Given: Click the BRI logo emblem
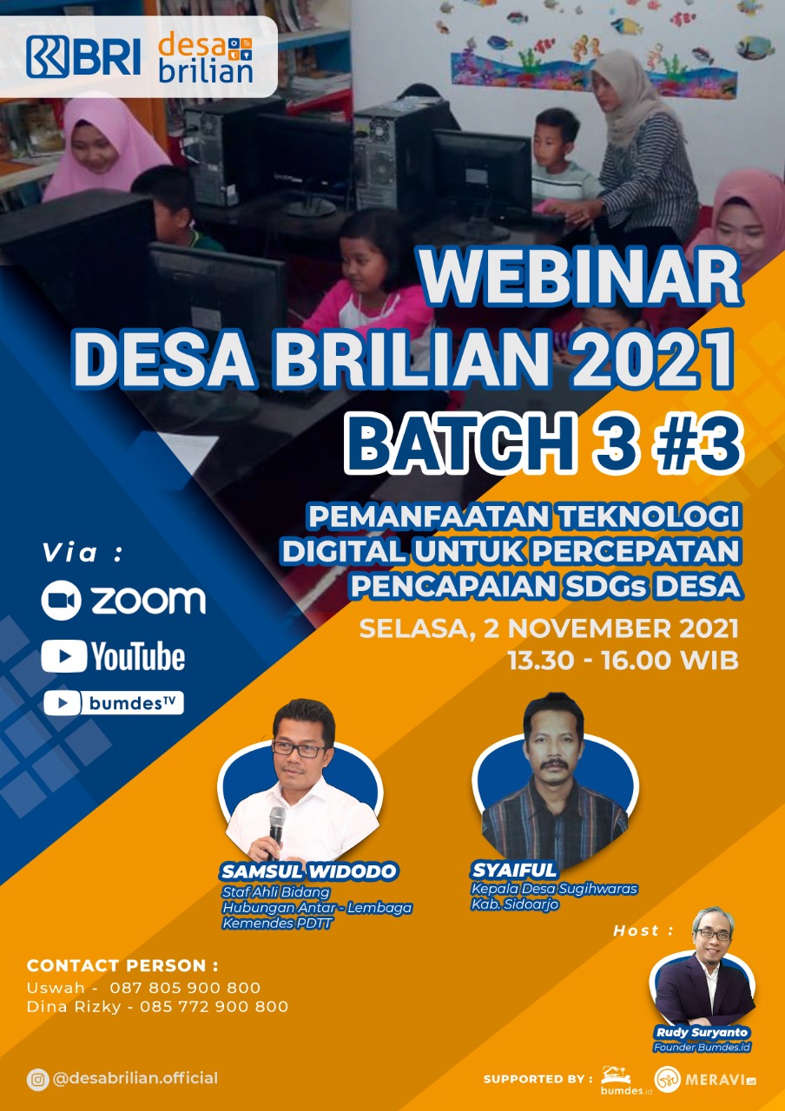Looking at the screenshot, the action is [x=48, y=56].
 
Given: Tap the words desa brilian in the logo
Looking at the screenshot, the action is [x=206, y=57].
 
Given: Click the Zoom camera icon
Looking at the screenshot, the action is [x=61, y=600].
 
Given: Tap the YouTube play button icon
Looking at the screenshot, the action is [x=64, y=655].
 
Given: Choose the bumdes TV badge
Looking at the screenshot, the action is [x=114, y=703].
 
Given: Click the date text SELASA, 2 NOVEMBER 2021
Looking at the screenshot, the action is [x=549, y=629].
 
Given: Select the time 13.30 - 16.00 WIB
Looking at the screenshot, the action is [x=623, y=661].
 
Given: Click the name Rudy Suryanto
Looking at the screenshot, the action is [x=702, y=1032].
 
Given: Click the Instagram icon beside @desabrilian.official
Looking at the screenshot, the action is [x=37, y=1079].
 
